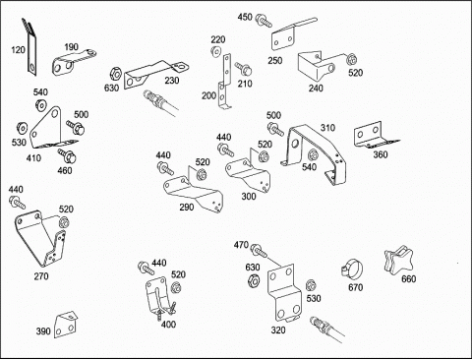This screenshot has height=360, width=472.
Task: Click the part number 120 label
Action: (18, 50)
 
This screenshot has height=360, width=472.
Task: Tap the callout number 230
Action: (172, 81)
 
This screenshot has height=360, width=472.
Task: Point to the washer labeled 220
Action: (215, 52)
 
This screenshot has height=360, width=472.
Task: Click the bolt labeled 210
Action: (244, 69)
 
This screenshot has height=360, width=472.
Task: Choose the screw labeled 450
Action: (264, 20)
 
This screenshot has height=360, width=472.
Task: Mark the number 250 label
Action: (275, 61)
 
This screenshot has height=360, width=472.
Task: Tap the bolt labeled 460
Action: (67, 155)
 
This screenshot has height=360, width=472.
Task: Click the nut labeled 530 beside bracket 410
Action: (22, 128)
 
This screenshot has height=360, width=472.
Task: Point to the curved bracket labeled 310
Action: (315, 150)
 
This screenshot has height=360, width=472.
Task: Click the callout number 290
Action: (187, 208)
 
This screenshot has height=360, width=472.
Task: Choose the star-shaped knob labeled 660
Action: (398, 261)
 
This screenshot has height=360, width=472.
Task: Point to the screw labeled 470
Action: (259, 251)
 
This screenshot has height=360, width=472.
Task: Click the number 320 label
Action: (278, 330)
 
